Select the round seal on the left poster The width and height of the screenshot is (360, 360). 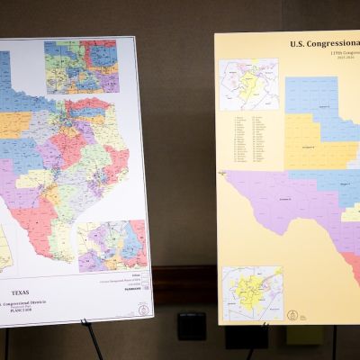point(142,310)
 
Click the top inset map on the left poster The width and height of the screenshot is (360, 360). point(82,67)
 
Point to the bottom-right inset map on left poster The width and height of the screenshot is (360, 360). point(112,245)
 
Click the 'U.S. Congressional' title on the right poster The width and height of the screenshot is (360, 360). point(324,44)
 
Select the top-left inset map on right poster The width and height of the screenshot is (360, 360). point(249,85)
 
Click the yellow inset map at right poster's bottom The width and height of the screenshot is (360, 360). point(252,292)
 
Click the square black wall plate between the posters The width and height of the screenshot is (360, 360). point(192,326)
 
